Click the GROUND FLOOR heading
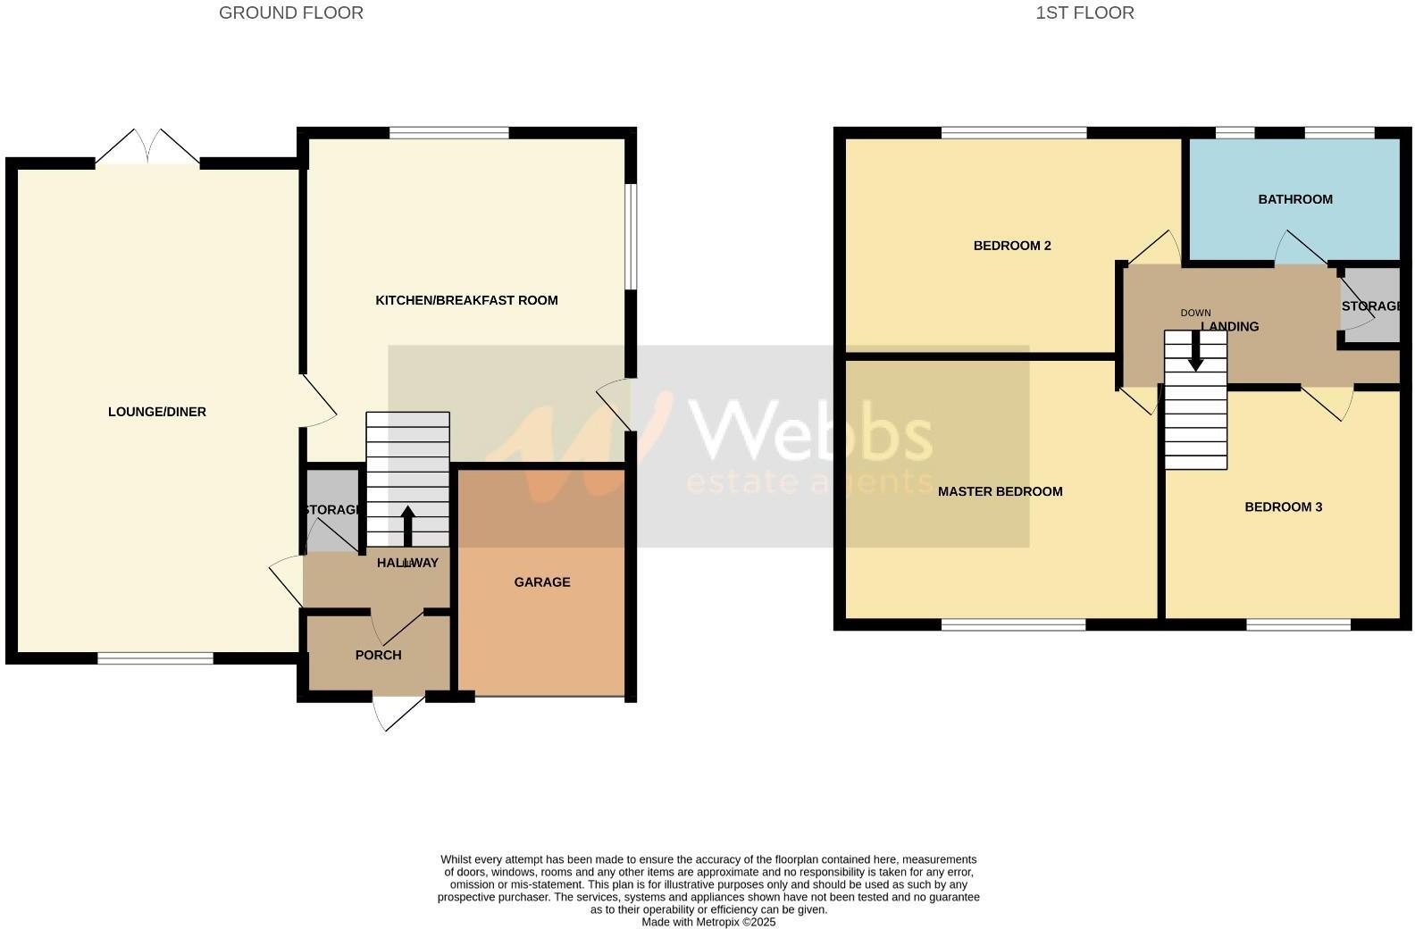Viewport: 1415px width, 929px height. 290,13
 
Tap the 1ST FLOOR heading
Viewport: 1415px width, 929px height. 1084,13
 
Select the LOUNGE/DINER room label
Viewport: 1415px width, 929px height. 157,412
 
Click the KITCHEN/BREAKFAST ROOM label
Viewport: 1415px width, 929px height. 466,300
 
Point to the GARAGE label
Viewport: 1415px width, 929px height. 541,582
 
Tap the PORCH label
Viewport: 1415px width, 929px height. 378,655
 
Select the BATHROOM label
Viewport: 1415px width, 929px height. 1294,199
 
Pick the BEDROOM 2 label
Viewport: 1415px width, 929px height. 1011,246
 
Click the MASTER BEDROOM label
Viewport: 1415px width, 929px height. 1000,491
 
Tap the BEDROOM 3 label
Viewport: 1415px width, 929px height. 1283,507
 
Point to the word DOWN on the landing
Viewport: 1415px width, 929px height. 1195,313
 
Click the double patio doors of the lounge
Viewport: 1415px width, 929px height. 148,148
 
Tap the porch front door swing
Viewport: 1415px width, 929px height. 398,712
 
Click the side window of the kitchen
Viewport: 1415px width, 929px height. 630,237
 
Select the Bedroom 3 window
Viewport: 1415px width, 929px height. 1298,624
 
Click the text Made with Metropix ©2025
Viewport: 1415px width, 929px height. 708,922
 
